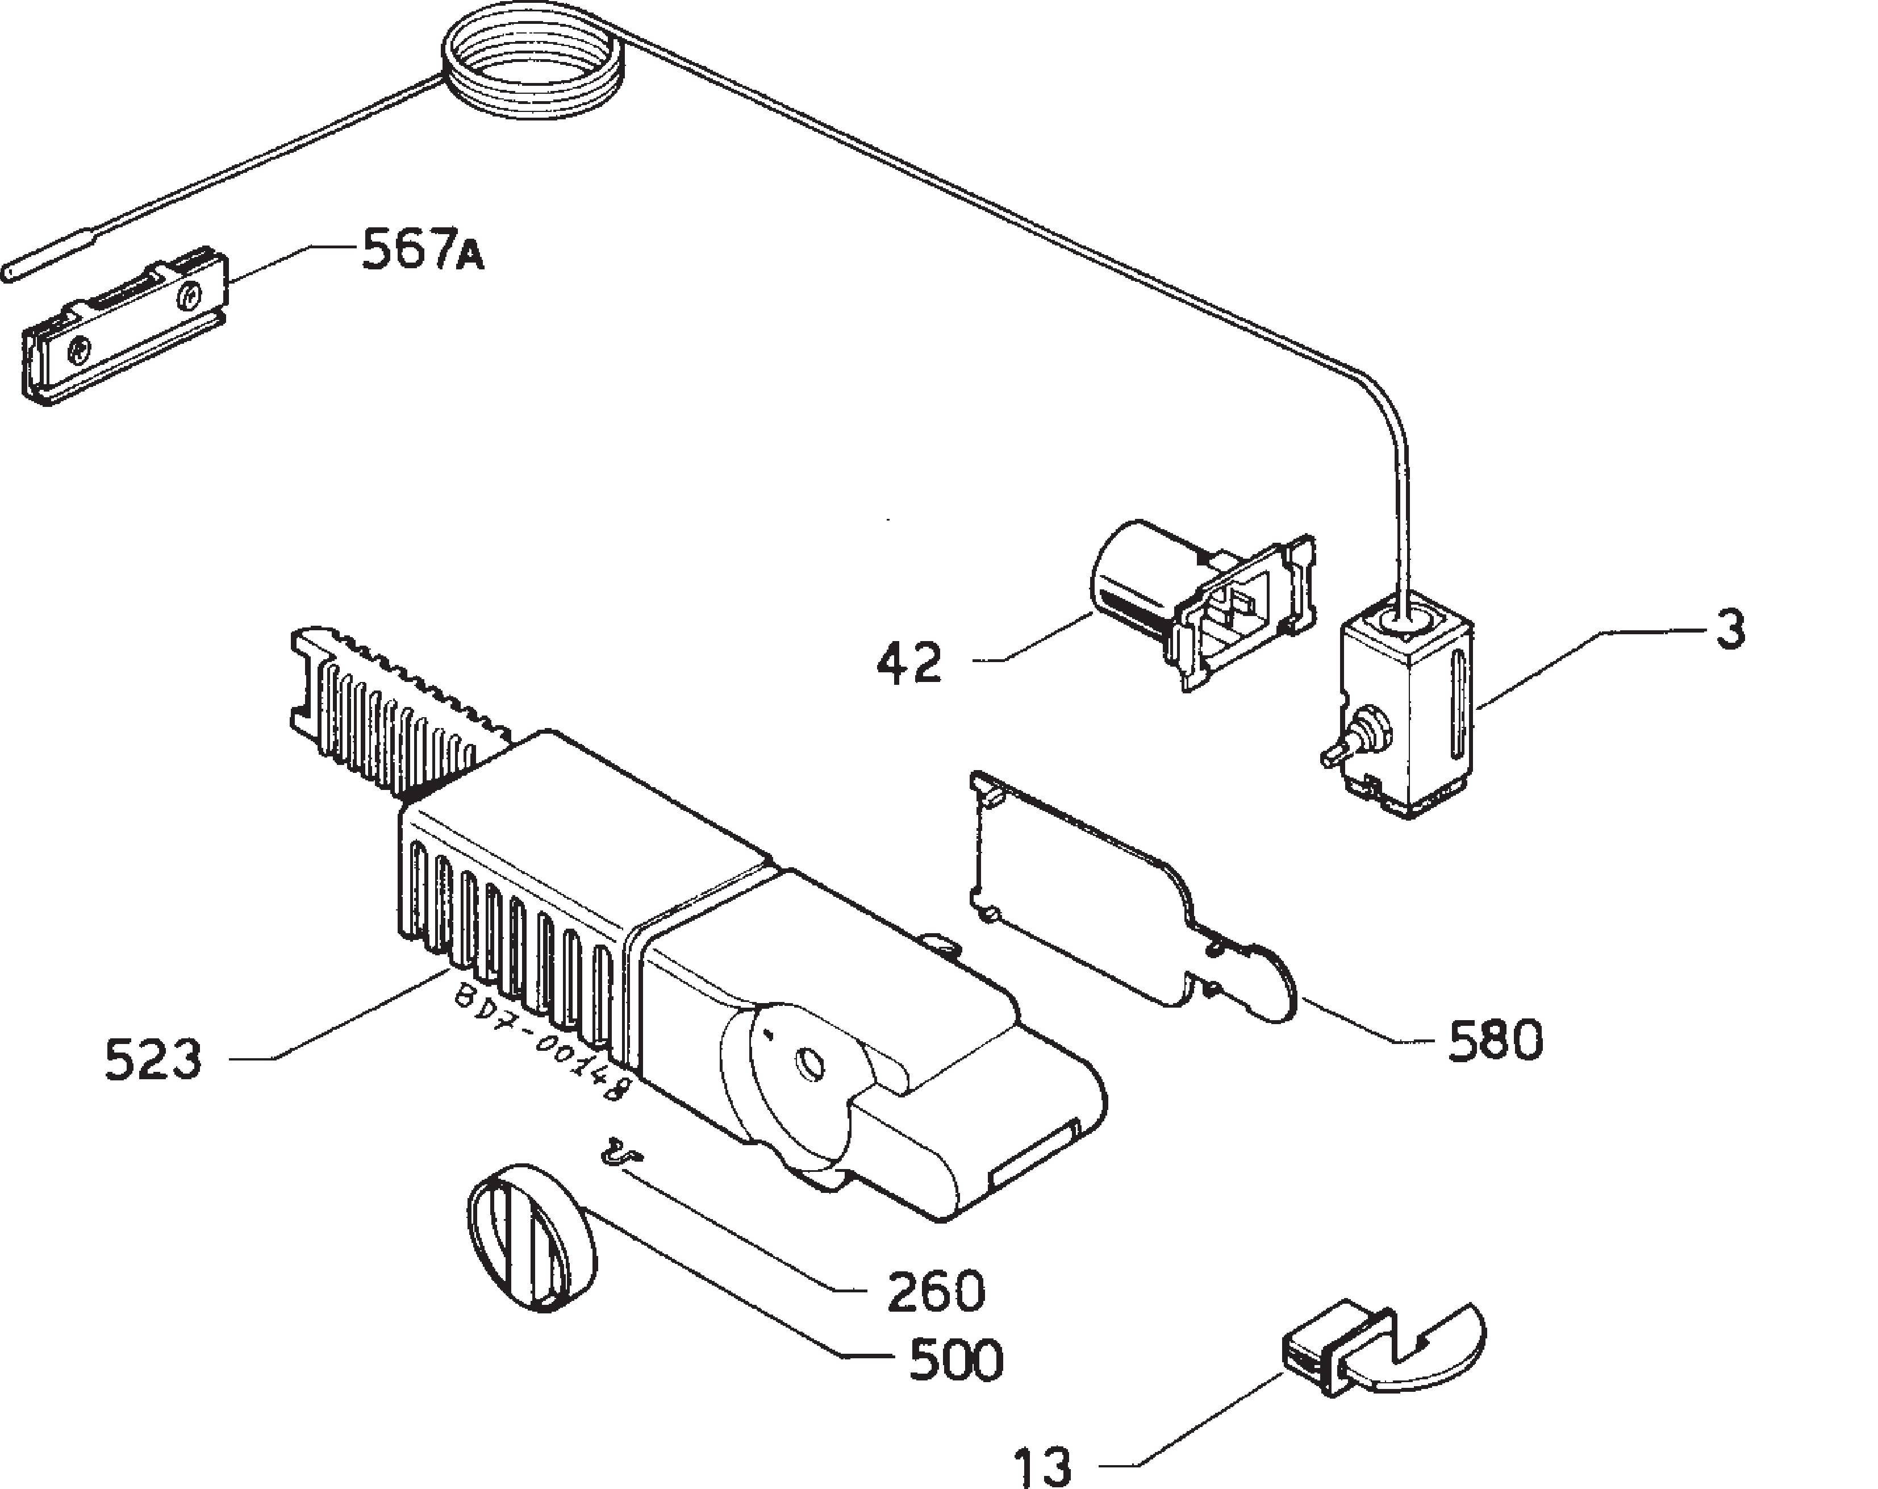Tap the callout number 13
tap(1042, 1466)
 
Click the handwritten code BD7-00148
tap(540, 1042)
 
